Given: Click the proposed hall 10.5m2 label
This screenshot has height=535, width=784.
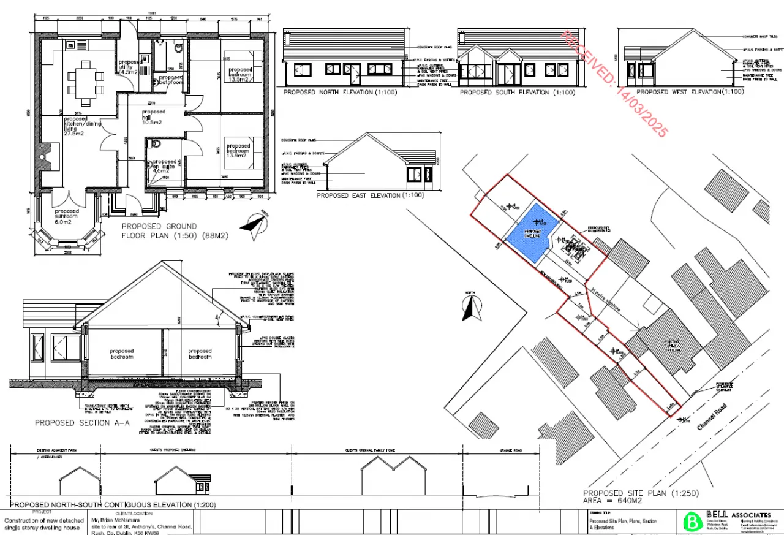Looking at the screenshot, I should (x=153, y=117).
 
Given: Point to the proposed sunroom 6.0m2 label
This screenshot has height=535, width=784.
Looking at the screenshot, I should (x=66, y=216).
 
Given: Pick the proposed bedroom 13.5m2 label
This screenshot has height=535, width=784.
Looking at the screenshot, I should (x=240, y=75).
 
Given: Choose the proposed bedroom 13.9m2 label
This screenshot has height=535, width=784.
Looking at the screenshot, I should (x=238, y=151).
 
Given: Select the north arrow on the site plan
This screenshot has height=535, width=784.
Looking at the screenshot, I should (x=470, y=307).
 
